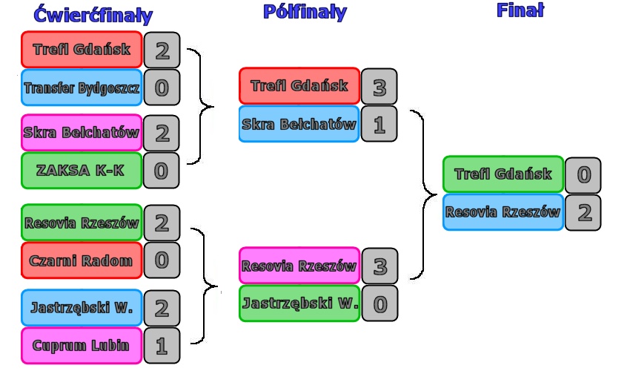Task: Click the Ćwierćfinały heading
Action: (93, 15)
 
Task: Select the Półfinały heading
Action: (305, 12)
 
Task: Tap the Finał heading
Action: (520, 10)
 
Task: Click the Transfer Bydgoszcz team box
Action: (82, 88)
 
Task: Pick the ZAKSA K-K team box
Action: (82, 171)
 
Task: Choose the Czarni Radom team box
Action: (82, 260)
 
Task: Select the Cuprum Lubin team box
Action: (82, 345)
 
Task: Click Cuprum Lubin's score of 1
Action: (162, 345)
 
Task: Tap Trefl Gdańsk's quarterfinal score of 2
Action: (162, 50)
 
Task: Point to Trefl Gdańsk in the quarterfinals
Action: (82, 50)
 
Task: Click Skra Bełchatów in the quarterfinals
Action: (82, 134)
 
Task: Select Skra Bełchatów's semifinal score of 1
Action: (379, 125)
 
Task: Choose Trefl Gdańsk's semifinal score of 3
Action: (379, 87)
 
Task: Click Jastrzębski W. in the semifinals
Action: (299, 303)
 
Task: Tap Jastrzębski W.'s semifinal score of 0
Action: (379, 303)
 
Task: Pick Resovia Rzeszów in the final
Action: (503, 212)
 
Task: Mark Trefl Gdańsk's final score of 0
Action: (583, 175)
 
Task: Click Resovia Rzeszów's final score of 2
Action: (583, 213)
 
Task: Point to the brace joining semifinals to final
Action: (424, 194)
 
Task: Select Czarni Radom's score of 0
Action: (162, 260)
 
